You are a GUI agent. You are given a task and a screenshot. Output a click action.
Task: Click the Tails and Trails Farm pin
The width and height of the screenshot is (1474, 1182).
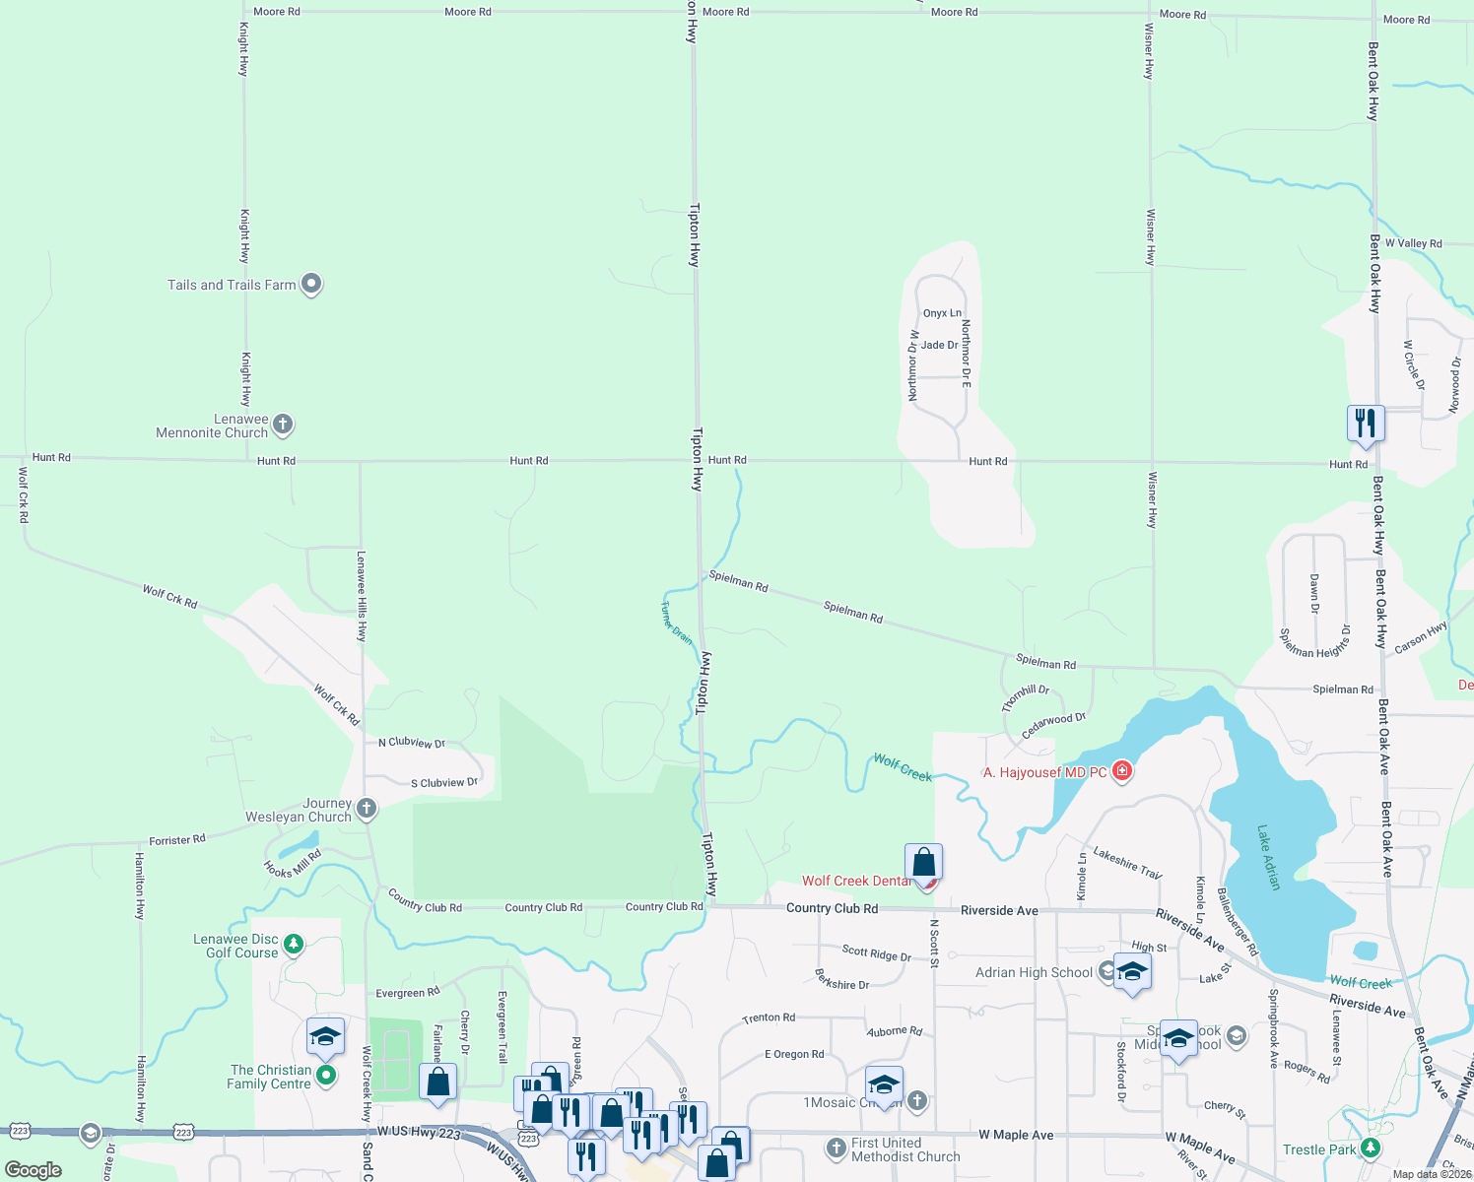click(311, 284)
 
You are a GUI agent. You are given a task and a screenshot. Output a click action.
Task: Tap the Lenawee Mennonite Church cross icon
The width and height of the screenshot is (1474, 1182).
click(283, 425)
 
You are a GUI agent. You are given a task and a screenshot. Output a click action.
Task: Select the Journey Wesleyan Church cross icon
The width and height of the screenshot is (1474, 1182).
click(367, 809)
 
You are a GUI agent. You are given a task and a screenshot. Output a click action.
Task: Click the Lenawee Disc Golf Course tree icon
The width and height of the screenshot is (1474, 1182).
click(294, 945)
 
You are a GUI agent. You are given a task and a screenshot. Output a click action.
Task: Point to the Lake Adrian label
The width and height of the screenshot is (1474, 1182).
click(1269, 858)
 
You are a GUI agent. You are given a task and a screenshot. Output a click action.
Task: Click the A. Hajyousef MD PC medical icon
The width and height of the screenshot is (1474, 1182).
click(1121, 771)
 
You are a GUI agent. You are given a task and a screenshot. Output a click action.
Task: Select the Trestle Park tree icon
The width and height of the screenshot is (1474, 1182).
click(1370, 1149)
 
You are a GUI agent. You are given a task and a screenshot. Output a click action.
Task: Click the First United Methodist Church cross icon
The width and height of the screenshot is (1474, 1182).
click(837, 1149)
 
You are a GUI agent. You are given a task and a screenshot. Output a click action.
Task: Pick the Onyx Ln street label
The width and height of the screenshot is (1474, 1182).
click(942, 313)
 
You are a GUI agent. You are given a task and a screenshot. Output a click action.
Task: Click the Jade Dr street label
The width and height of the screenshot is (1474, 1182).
click(939, 346)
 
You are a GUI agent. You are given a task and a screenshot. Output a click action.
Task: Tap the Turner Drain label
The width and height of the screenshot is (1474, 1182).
click(676, 623)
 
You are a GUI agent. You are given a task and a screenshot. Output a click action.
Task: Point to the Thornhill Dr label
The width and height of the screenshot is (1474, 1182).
click(1025, 697)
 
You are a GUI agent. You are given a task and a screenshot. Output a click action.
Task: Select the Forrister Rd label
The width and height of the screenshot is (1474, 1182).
click(177, 840)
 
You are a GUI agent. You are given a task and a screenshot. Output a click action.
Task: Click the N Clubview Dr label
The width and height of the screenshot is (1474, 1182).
click(412, 743)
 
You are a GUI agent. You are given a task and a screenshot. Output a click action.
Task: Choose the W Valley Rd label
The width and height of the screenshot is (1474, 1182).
click(1413, 243)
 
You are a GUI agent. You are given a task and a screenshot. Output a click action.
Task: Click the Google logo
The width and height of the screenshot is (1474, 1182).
click(33, 1169)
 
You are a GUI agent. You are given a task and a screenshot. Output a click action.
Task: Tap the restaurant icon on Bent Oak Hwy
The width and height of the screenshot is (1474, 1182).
click(1366, 423)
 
